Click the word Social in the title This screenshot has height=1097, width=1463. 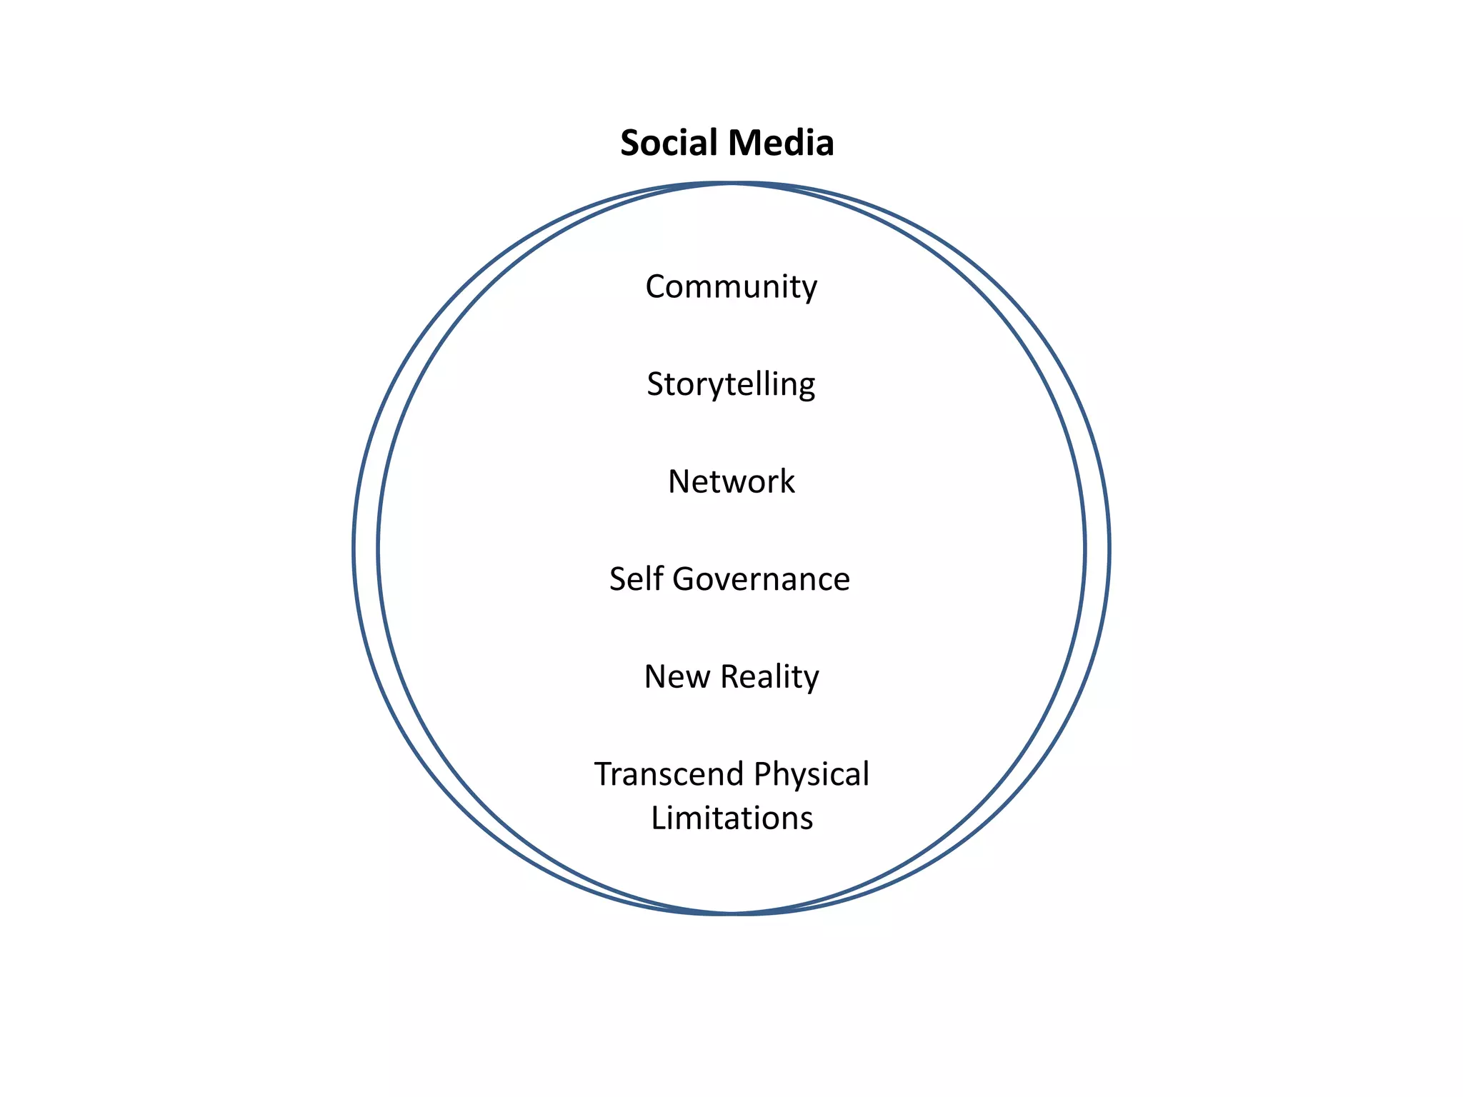668,143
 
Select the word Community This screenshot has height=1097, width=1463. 731,287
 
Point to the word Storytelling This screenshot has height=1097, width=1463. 731,385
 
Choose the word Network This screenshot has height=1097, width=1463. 731,481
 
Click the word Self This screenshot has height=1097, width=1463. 636,578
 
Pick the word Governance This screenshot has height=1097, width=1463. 761,579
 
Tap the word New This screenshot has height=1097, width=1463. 677,676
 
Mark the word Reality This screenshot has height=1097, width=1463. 769,677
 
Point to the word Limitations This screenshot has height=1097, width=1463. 731,818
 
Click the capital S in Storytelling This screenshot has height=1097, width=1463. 655,384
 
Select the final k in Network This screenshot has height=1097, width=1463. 787,481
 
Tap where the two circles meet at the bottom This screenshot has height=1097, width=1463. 731,913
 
